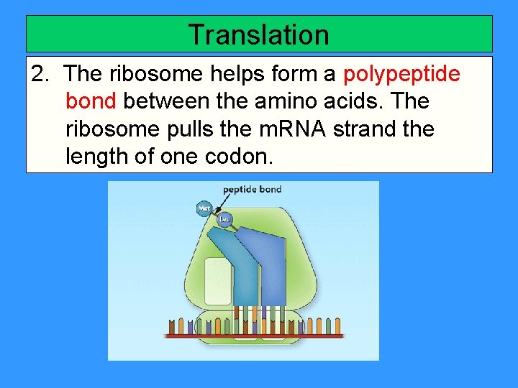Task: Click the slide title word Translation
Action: tap(258, 34)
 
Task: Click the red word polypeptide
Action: tap(402, 75)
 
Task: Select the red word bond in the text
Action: tap(91, 101)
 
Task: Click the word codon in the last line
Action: tap(239, 156)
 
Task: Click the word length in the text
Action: tap(95, 156)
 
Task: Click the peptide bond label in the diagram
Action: tap(252, 190)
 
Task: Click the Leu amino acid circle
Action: tap(225, 220)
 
